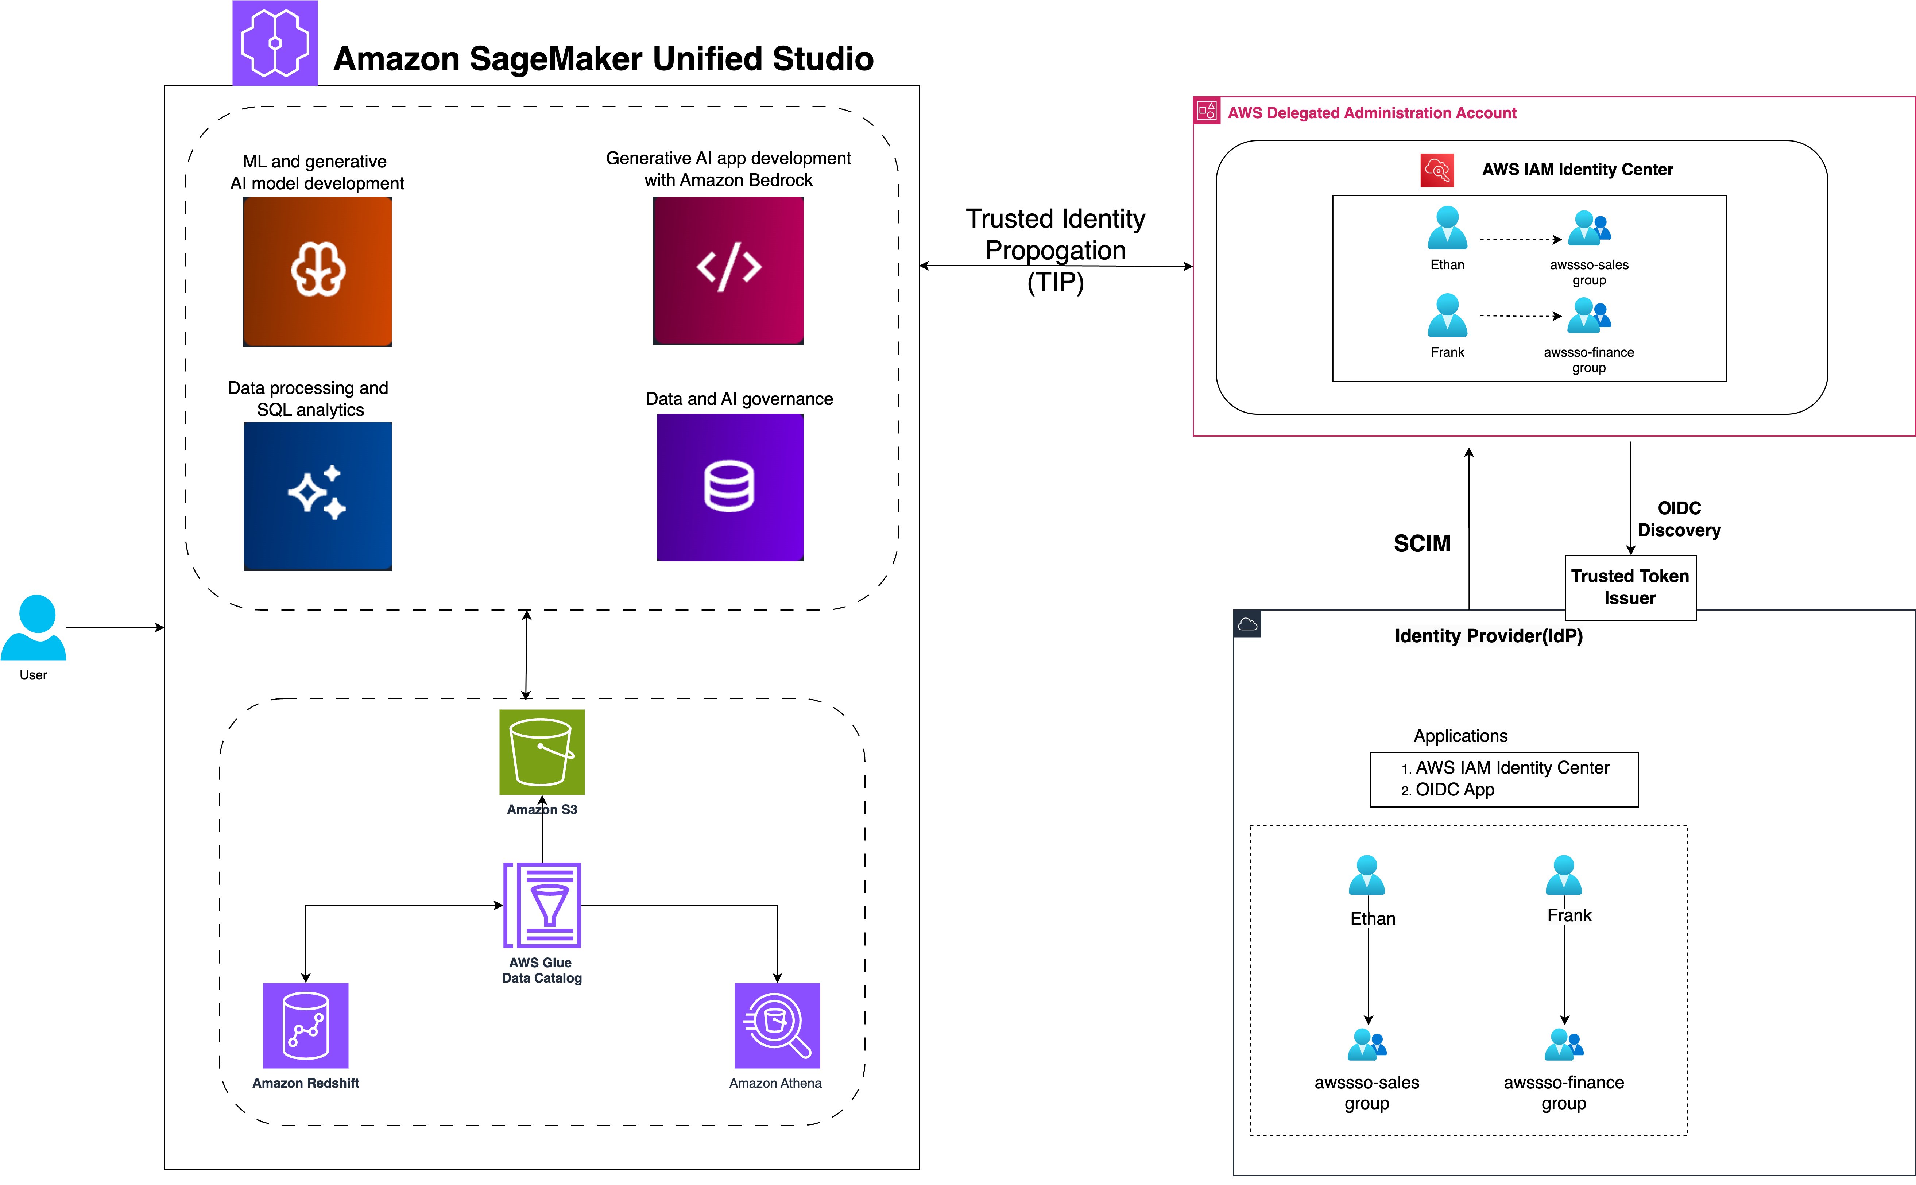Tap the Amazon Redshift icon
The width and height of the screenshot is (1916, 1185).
point(306,1025)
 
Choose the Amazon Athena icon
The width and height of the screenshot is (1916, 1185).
point(777,1025)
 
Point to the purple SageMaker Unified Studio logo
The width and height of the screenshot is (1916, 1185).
point(275,43)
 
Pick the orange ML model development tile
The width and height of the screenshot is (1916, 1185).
point(317,271)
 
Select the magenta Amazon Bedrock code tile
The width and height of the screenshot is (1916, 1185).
point(728,270)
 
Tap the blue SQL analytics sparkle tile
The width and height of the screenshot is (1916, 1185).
point(317,496)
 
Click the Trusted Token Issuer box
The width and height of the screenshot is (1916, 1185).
point(1630,587)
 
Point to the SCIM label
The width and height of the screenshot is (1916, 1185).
point(1421,543)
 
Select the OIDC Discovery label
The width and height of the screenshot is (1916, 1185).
point(1679,519)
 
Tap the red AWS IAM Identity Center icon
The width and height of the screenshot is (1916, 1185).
point(1437,170)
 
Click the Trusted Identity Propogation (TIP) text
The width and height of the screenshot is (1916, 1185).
point(1055,250)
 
